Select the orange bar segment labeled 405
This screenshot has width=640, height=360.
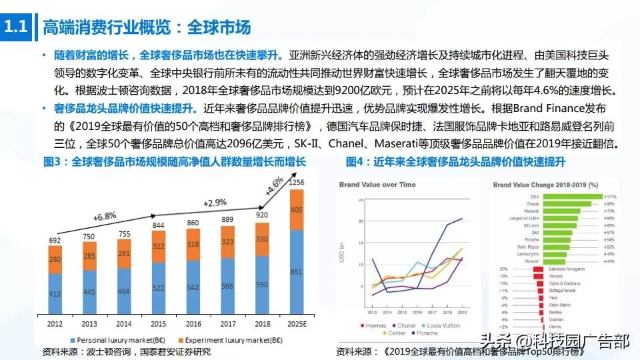(297, 209)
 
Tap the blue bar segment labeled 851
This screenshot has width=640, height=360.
(297, 271)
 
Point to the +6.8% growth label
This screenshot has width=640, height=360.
(104, 217)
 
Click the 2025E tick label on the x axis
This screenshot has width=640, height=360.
(297, 324)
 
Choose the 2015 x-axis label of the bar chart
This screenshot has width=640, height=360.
(159, 324)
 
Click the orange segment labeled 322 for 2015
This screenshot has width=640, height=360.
(159, 246)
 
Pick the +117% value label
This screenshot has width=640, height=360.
(610, 197)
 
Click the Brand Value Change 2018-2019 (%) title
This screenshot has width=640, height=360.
(545, 184)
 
